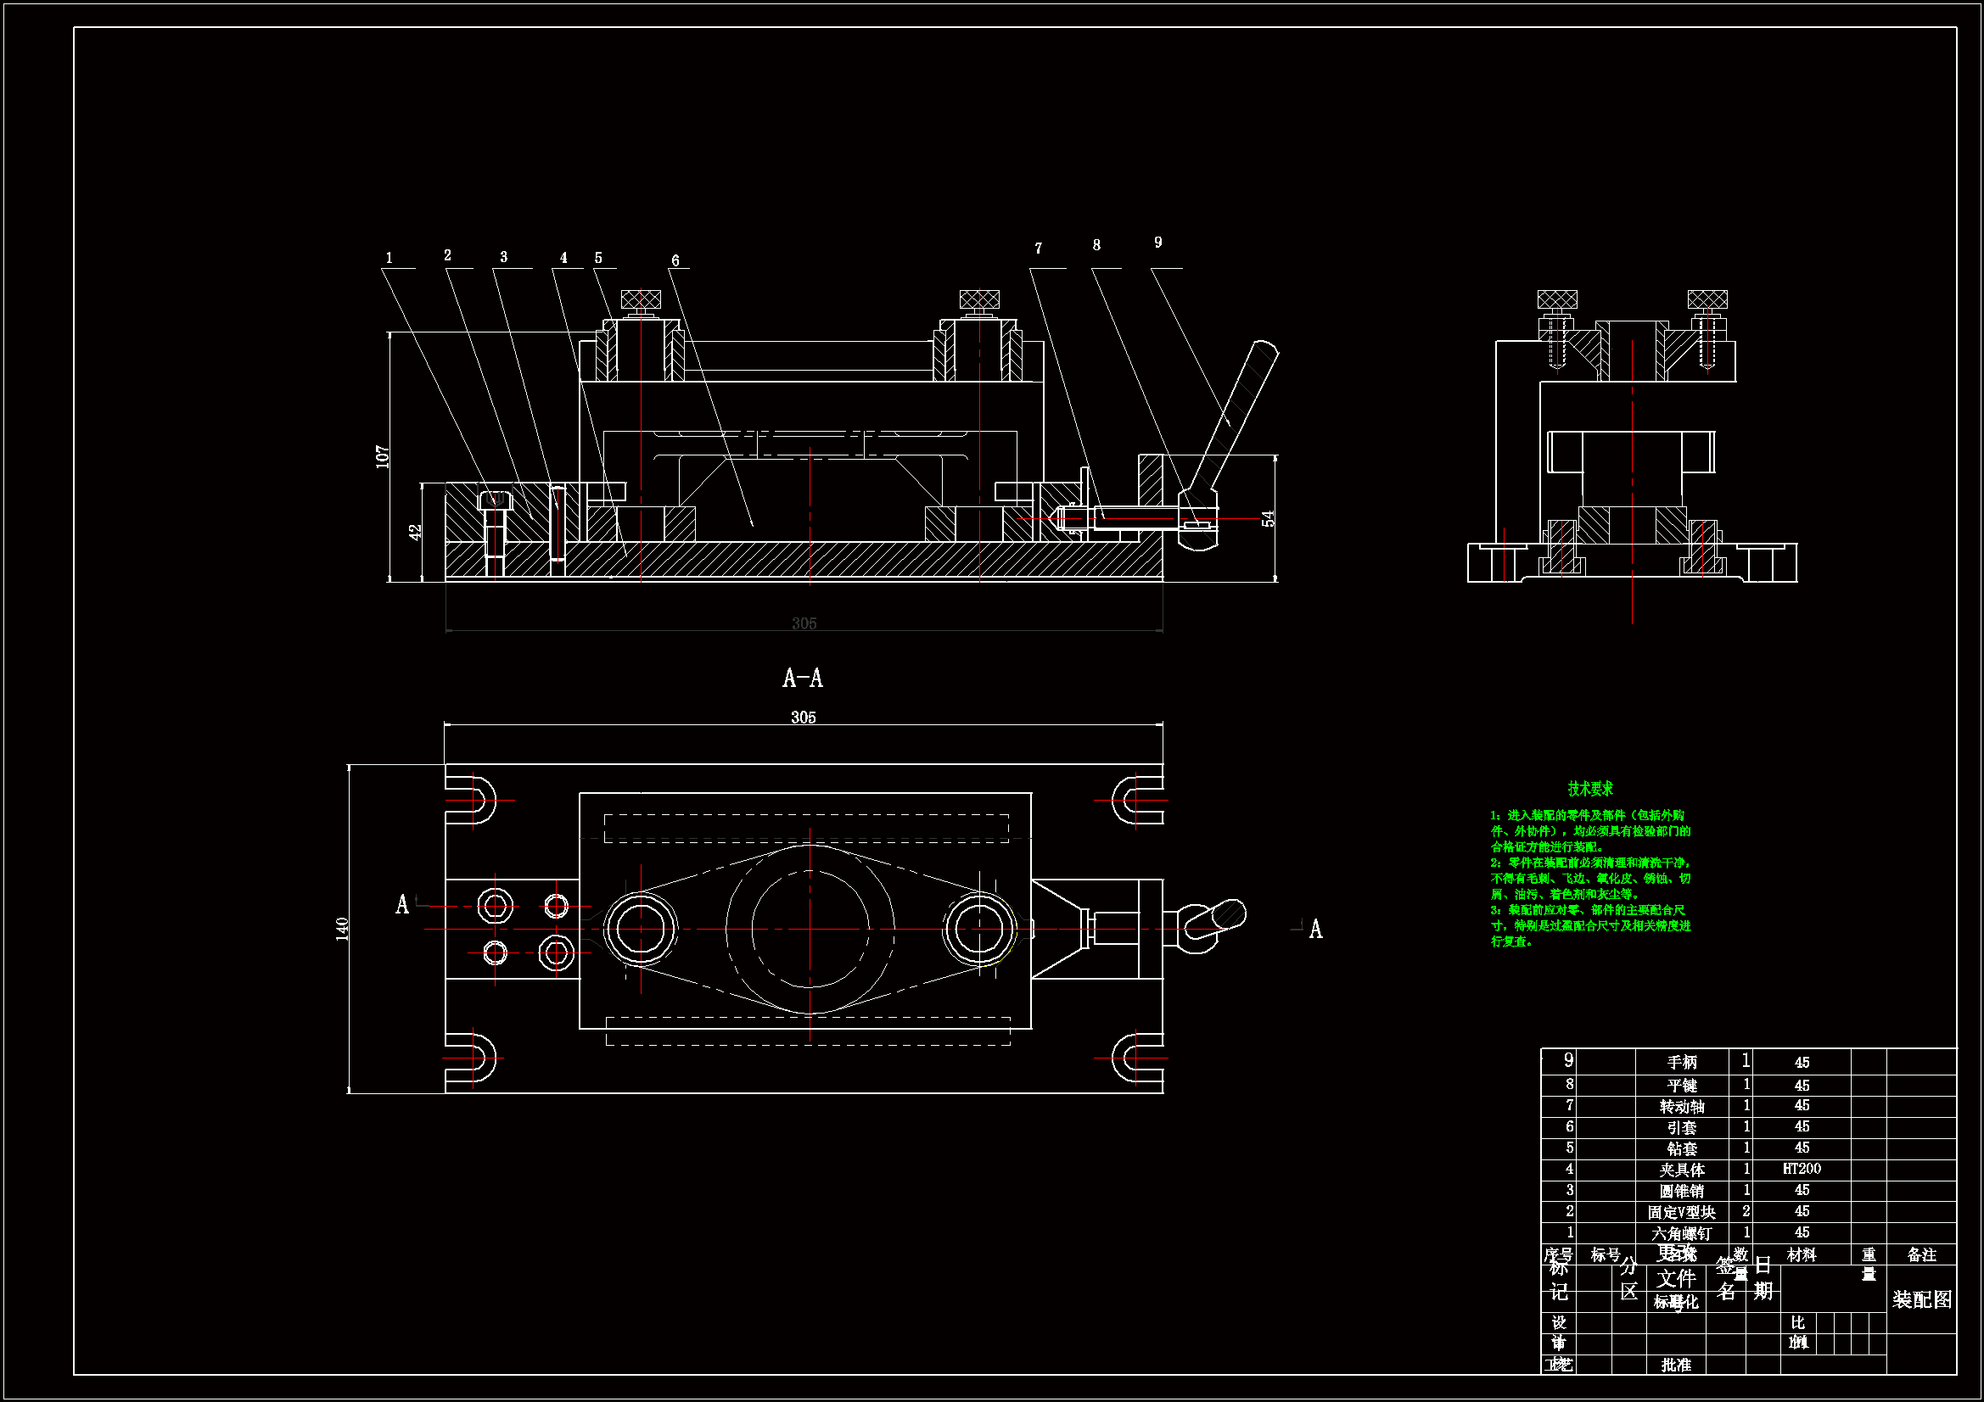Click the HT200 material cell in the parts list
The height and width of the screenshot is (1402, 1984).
pos(1801,1169)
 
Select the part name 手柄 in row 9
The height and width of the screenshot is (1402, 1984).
pos(1682,1063)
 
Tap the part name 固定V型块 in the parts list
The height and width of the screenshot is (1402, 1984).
pos(1681,1212)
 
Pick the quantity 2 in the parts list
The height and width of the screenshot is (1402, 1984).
pos(1746,1211)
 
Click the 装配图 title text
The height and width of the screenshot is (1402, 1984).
pos(1921,1299)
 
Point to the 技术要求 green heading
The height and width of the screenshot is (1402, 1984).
pos(1590,789)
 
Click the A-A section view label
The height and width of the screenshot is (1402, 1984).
pos(803,679)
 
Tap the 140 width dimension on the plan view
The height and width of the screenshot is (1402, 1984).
pos(342,929)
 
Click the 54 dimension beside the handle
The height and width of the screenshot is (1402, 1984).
pos(1268,518)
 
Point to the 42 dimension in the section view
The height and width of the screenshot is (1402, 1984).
pos(416,532)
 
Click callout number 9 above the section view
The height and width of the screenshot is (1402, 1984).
pos(1158,243)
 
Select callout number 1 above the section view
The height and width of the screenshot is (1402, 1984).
pos(389,258)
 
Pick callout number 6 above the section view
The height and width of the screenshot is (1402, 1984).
pos(675,260)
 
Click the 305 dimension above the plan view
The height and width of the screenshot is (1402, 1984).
pos(803,717)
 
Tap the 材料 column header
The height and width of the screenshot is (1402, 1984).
pos(1801,1254)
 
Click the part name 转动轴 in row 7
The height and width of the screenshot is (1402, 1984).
pos(1682,1107)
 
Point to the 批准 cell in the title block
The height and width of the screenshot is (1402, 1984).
pos(1675,1365)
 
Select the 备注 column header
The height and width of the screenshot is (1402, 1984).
pos(1921,1254)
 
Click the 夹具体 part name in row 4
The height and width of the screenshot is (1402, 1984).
pos(1682,1170)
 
